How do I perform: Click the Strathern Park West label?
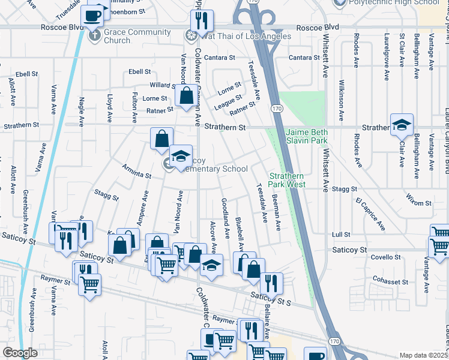pos(287,180)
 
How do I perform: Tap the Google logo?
pos(20,353)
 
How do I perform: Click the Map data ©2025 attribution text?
pos(424,355)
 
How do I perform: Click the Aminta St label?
pos(136,172)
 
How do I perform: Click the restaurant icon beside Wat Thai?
pos(202,22)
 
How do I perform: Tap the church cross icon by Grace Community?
pos(94,35)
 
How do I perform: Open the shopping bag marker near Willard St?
pos(187,95)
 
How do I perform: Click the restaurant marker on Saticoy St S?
pos(271,283)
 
